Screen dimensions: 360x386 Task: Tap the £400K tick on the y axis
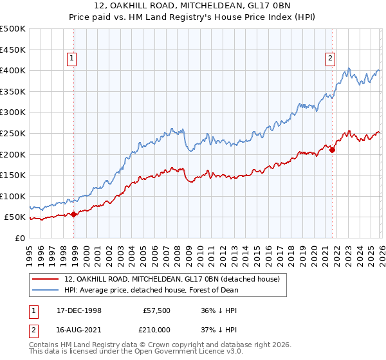[13, 71]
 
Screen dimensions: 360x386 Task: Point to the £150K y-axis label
[13, 175]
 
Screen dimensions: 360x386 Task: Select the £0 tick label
[20, 238]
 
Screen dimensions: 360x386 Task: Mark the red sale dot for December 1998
[74, 214]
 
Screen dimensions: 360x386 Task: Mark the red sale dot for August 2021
[332, 150]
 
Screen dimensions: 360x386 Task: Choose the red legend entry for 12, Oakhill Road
[172, 280]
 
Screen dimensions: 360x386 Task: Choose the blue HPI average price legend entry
[151, 290]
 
